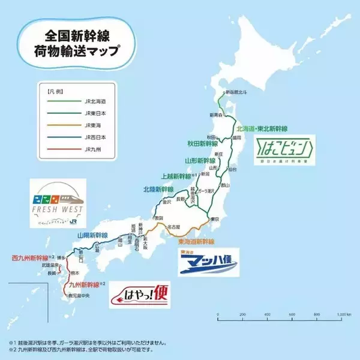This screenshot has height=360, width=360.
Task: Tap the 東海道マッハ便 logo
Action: [209, 262]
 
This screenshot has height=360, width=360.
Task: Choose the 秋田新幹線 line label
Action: [202, 144]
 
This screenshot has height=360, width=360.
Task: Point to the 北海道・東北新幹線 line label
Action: [262, 128]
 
